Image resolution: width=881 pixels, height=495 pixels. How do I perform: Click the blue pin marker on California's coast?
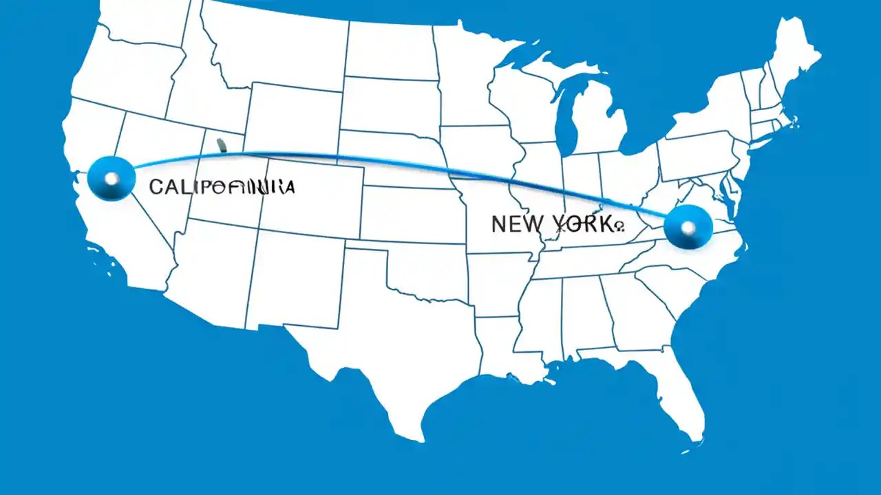click(111, 179)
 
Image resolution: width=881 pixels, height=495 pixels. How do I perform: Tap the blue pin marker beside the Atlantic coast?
click(688, 227)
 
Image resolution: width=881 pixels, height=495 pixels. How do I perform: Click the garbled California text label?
click(222, 186)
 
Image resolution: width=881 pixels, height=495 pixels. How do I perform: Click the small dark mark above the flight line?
click(221, 144)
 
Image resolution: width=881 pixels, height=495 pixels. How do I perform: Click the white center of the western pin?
click(111, 179)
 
